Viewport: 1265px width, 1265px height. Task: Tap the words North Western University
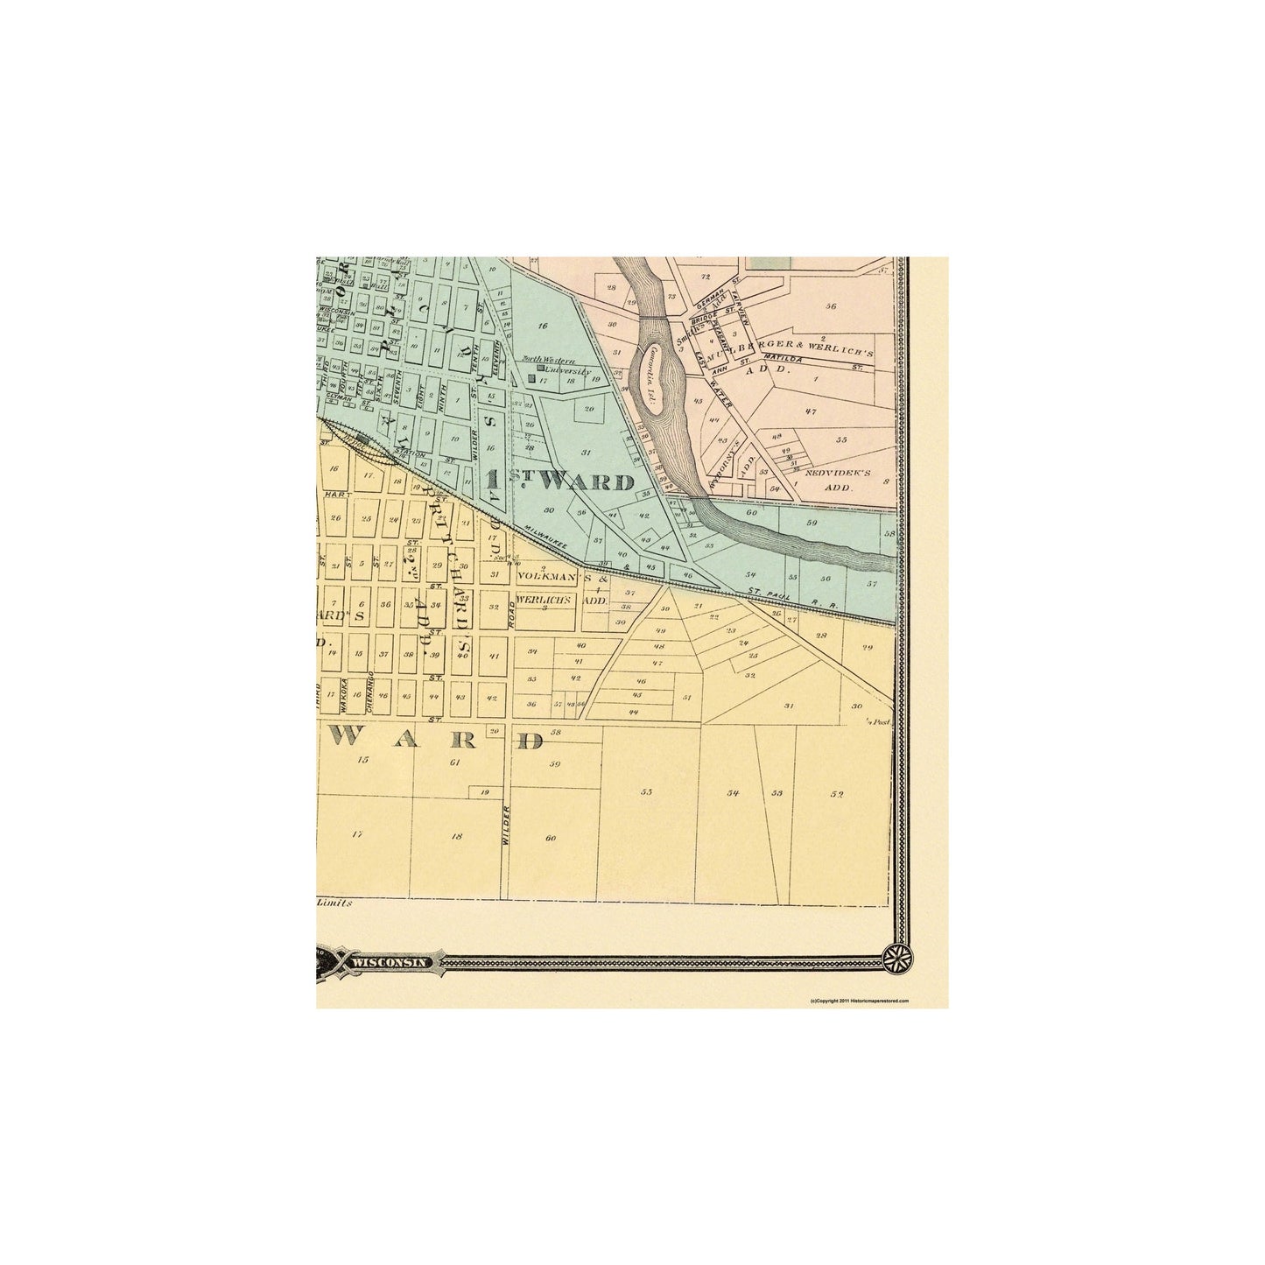556,365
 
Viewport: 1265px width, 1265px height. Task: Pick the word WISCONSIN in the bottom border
390,961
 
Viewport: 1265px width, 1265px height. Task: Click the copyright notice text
860,999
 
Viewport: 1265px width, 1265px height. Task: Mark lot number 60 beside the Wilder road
550,839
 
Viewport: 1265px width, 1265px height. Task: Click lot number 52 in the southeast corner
837,795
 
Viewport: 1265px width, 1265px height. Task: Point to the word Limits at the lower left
334,902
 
